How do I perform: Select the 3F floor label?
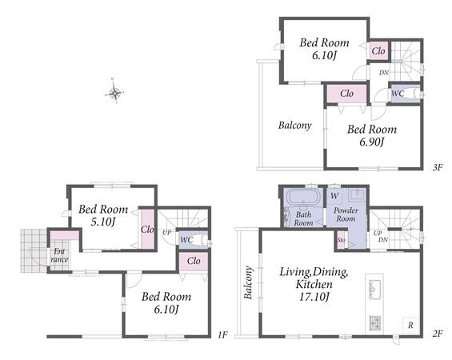pyautogui.click(x=438, y=167)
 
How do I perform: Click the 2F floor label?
pyautogui.click(x=438, y=334)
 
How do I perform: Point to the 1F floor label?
pyautogui.click(x=222, y=334)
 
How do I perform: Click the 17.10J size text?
pyautogui.click(x=314, y=297)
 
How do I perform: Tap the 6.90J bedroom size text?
pyautogui.click(x=372, y=142)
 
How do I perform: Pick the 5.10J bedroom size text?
pyautogui.click(x=103, y=222)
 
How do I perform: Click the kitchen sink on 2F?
pyautogui.click(x=374, y=289)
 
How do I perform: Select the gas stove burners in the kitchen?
pyautogui.click(x=375, y=323)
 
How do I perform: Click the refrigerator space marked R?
pyautogui.click(x=410, y=326)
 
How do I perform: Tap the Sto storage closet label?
pyautogui.click(x=341, y=240)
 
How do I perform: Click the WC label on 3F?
pyautogui.click(x=398, y=94)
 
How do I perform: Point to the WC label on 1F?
pyautogui.click(x=186, y=239)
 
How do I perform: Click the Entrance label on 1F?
pyautogui.click(x=59, y=255)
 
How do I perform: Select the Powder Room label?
pyautogui.click(x=346, y=214)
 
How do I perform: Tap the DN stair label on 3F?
pyautogui.click(x=384, y=73)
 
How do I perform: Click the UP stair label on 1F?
pyautogui.click(x=166, y=233)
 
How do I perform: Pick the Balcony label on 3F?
pyautogui.click(x=295, y=126)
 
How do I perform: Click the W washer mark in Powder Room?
pyautogui.click(x=334, y=196)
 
